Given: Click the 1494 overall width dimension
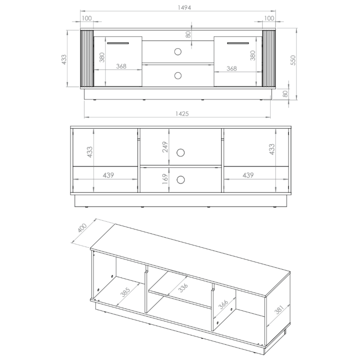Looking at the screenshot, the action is click(184, 8).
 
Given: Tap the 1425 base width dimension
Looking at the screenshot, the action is click(182, 114).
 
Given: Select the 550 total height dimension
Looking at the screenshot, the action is click(293, 60).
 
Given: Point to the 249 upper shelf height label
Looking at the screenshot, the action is click(165, 147).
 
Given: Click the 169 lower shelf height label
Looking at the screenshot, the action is click(165, 179).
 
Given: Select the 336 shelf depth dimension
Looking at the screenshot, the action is click(183, 287).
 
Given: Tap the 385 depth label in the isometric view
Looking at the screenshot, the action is click(126, 292).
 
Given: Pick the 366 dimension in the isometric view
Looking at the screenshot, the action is click(223, 305).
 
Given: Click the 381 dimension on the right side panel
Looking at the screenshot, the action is click(279, 310).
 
